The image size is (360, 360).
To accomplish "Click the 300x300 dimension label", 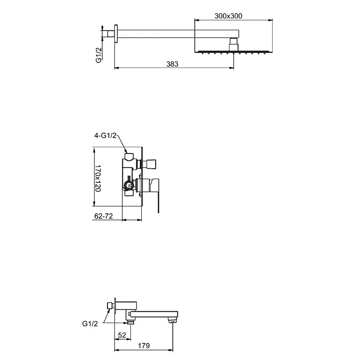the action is tap(228, 16).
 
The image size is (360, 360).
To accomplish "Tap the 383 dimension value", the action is tap(172, 64).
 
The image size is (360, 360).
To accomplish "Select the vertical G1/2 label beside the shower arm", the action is tap(98, 55).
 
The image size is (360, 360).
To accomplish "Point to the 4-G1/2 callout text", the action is tap(105, 135).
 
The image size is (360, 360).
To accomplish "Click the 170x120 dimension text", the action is tap(98, 178).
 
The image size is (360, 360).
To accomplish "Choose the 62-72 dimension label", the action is tap(103, 216).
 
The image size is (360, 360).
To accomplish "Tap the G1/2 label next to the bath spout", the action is tap(90, 324).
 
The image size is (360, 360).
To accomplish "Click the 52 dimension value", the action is tap(122, 335).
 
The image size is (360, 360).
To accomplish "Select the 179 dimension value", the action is tap(144, 346).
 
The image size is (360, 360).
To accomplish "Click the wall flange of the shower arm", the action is tap(116, 33).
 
